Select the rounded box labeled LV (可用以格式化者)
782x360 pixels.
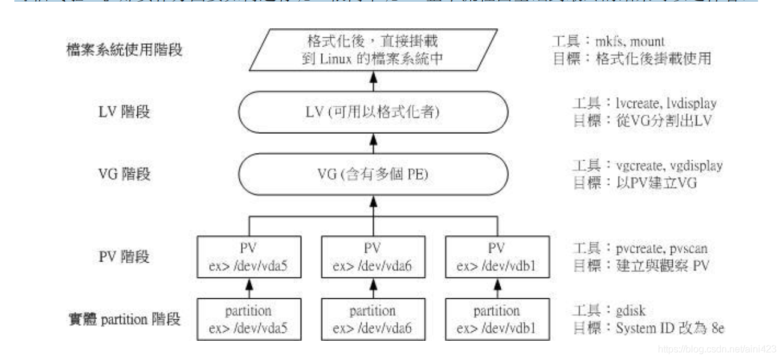(373, 112)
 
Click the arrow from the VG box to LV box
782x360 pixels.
(373, 145)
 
